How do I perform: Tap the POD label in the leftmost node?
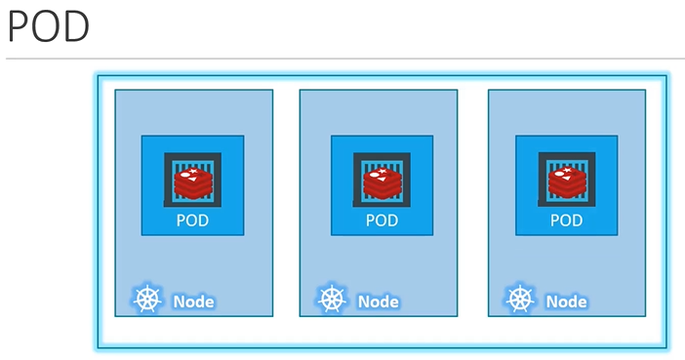tap(192, 220)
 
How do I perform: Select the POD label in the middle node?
tap(382, 220)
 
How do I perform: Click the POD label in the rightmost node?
tap(566, 220)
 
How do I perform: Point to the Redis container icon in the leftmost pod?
tap(192, 180)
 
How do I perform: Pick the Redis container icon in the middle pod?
tap(382, 180)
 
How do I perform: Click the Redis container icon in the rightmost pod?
tap(566, 180)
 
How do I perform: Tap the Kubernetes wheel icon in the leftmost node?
tap(146, 300)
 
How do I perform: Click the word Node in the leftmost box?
tap(193, 301)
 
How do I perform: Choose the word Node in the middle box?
tap(379, 301)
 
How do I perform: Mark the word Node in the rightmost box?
tap(567, 301)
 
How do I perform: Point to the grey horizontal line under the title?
tap(342, 59)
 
